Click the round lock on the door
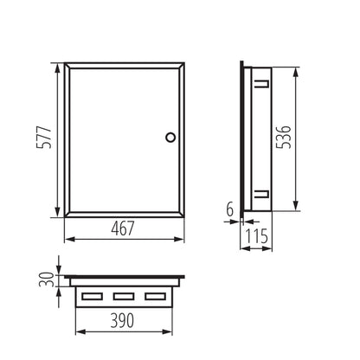tap(170, 136)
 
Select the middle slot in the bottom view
tap(122, 298)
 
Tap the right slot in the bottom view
tap(154, 298)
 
